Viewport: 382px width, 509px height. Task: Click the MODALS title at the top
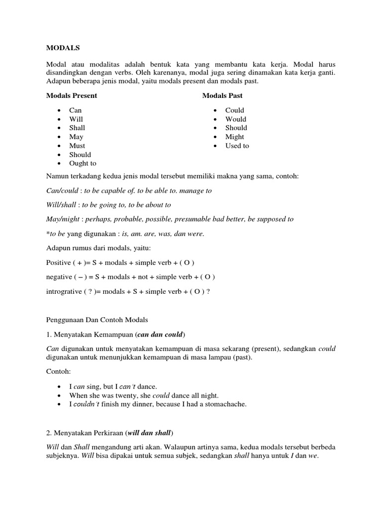click(x=63, y=48)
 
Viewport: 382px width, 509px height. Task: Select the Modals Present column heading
click(x=72, y=95)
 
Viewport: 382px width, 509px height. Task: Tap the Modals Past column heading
click(x=222, y=95)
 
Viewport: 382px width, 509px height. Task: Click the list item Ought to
click(x=83, y=163)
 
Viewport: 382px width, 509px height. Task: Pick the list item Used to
click(x=237, y=146)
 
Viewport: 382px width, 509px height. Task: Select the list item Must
click(x=77, y=146)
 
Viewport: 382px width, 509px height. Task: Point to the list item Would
click(x=235, y=119)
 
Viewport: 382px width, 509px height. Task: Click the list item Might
click(x=234, y=137)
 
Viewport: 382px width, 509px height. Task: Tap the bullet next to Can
click(x=60, y=110)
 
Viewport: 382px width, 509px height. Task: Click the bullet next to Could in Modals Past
click(x=215, y=110)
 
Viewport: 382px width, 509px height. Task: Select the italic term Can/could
click(x=63, y=190)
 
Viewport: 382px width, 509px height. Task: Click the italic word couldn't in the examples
click(x=87, y=404)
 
